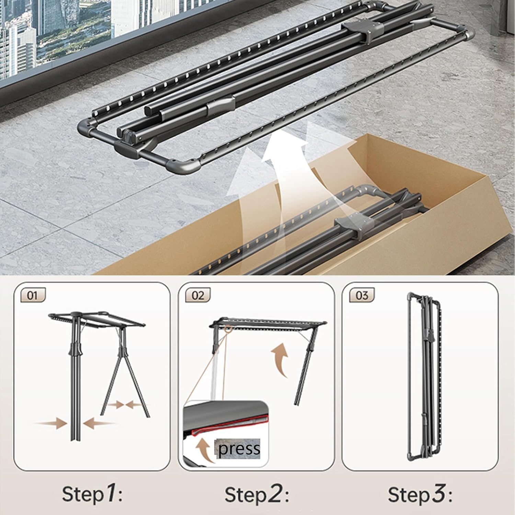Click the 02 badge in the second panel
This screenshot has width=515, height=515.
197,295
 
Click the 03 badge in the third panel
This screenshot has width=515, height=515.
362,295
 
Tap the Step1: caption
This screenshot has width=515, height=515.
92,494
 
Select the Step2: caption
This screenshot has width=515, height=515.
257,494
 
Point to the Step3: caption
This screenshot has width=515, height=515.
420,494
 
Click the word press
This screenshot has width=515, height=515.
239,449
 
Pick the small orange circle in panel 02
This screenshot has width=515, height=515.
227,329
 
